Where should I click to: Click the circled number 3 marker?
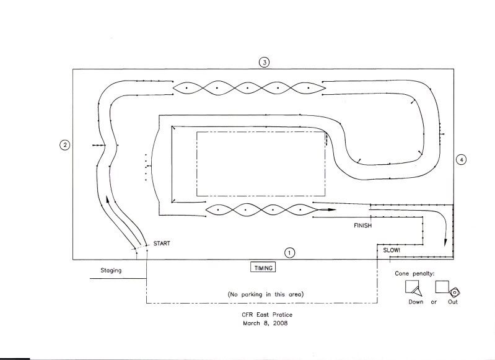click(x=265, y=62)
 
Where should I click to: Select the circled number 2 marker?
click(x=64, y=145)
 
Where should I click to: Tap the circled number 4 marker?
click(x=461, y=160)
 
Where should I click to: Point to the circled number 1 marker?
click(x=289, y=253)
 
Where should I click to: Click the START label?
click(x=162, y=244)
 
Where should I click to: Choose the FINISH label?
click(x=362, y=226)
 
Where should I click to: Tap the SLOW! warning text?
click(x=392, y=250)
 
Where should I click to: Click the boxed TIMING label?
click(x=263, y=268)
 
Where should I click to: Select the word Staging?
click(x=111, y=271)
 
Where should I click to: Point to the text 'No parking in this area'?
click(x=266, y=294)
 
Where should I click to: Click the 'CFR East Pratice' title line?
click(x=267, y=315)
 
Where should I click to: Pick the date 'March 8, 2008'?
click(x=265, y=323)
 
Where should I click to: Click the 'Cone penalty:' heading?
click(x=414, y=273)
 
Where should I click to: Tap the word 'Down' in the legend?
click(x=416, y=302)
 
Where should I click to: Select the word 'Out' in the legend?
click(x=453, y=302)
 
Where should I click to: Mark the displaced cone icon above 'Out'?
click(x=454, y=292)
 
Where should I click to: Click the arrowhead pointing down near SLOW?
click(x=445, y=242)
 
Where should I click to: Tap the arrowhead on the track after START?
click(x=108, y=200)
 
